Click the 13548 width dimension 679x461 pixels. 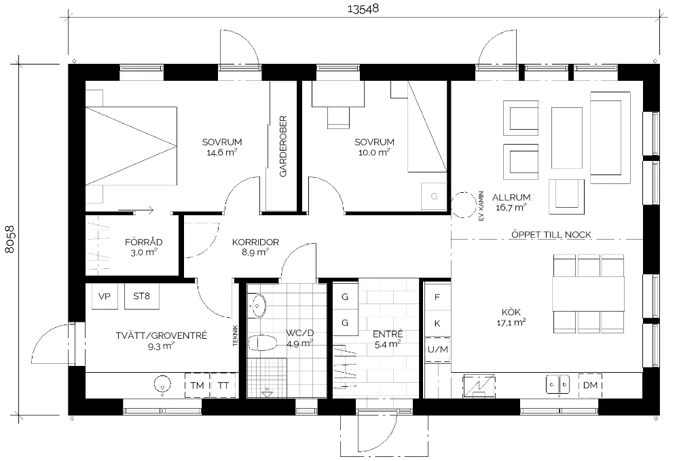363,9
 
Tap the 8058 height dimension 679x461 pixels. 10,240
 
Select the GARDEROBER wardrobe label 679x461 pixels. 283,146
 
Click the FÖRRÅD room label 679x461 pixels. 143,242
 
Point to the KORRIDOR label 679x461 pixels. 255,242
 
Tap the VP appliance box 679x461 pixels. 105,296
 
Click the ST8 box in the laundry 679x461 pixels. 142,296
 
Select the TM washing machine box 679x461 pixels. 197,385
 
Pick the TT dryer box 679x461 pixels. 223,385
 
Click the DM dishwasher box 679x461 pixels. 590,385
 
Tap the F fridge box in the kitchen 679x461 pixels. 437,297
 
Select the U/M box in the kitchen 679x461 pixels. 437,350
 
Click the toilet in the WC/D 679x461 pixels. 262,344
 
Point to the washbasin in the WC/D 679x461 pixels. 258,305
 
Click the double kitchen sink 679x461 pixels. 557,384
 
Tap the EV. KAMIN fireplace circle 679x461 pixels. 464,205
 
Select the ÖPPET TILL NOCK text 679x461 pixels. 551,235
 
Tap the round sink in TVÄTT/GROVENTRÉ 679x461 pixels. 162,384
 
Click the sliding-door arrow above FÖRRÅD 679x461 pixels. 136,210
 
